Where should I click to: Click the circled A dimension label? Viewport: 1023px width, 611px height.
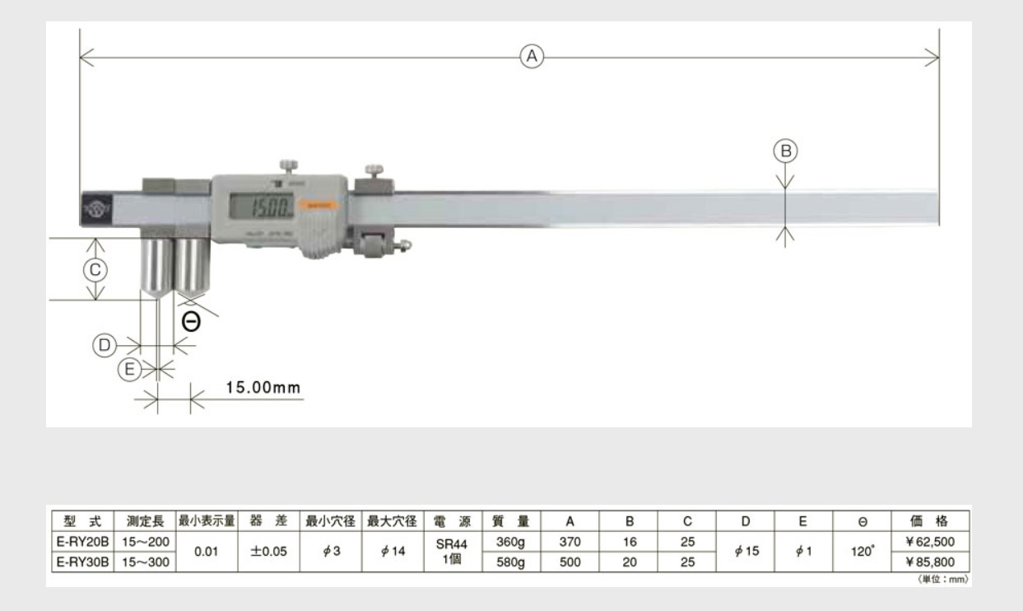(532, 56)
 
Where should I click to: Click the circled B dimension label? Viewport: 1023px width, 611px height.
(785, 151)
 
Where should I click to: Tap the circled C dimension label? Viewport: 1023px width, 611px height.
(96, 269)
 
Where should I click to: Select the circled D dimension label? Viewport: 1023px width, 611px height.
(104, 345)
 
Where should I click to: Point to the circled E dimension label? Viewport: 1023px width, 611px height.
(129, 371)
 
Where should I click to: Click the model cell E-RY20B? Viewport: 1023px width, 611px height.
(83, 543)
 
